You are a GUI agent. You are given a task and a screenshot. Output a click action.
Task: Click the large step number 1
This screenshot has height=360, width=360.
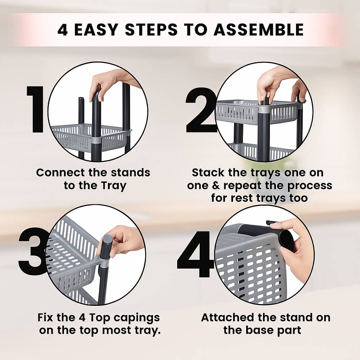36,110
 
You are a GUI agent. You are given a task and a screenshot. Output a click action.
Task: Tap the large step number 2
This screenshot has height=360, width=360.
201,110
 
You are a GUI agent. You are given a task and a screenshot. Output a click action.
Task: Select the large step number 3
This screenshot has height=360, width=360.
33,251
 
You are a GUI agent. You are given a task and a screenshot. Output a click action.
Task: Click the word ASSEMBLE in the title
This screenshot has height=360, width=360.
259,30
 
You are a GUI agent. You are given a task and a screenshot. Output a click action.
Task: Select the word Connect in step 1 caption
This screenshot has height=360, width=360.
59,173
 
